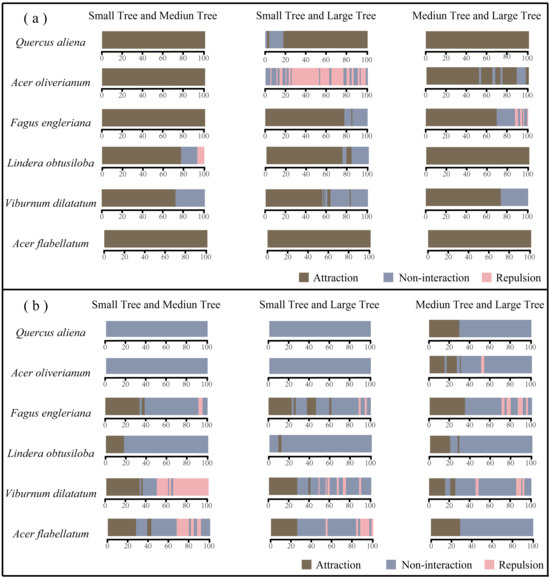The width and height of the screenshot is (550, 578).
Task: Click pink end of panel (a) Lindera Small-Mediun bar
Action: [201, 155]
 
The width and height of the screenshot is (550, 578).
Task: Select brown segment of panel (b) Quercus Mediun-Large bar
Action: [444, 329]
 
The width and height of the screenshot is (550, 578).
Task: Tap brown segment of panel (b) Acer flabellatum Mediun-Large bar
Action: [445, 527]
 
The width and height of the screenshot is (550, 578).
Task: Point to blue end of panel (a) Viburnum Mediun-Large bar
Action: [514, 197]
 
